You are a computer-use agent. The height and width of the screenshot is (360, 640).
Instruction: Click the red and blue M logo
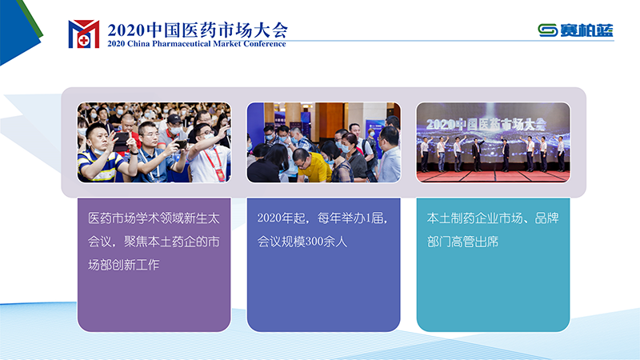point(84,34)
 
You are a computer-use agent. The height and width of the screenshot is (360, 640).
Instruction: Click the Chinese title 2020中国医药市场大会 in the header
point(198,30)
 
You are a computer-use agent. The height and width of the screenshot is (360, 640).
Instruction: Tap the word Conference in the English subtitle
point(265,44)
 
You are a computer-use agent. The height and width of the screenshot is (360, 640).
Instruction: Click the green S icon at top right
point(548,30)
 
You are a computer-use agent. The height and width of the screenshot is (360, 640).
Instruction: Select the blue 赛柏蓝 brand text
point(586,30)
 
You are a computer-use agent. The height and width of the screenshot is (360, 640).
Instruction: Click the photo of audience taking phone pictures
point(154,142)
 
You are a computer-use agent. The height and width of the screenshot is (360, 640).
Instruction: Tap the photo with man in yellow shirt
point(324,142)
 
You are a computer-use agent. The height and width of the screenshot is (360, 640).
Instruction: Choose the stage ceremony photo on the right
point(493,142)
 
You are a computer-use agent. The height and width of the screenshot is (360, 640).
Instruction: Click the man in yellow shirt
point(312,166)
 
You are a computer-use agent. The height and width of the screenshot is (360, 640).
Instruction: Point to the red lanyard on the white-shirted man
point(214,163)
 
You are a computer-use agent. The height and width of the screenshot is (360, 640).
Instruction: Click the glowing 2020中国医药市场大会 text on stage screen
point(486,124)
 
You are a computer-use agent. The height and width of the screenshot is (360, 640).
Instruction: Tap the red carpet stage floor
point(493,176)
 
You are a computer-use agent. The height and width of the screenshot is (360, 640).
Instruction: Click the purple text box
point(154,265)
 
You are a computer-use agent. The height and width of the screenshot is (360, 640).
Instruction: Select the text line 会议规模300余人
point(302,242)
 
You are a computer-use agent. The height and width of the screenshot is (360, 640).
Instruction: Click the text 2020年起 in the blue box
point(282,218)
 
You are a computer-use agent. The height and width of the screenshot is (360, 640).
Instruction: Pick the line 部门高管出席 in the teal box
point(462,242)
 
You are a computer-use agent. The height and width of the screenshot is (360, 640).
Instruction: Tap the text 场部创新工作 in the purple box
point(124,265)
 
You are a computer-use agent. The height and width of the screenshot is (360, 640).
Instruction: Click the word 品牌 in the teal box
point(546,218)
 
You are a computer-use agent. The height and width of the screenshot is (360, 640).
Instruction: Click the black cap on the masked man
point(174,118)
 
